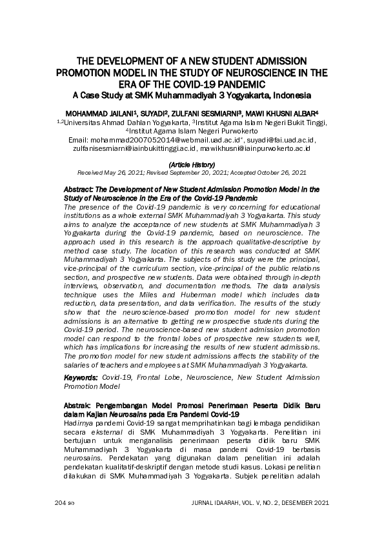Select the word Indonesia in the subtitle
point(287,95)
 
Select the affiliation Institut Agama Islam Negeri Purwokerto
point(194,130)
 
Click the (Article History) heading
point(192,164)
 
